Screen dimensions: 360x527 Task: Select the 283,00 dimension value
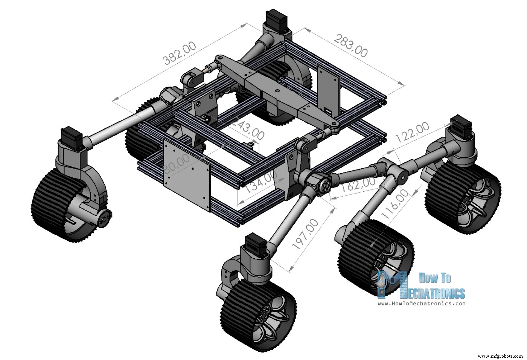pyautogui.click(x=350, y=46)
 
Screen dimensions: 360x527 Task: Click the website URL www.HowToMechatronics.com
pyautogui.click(x=421, y=303)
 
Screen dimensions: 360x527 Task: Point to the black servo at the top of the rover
pyautogui.click(x=277, y=19)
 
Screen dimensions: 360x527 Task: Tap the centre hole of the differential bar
pyautogui.click(x=277, y=91)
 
